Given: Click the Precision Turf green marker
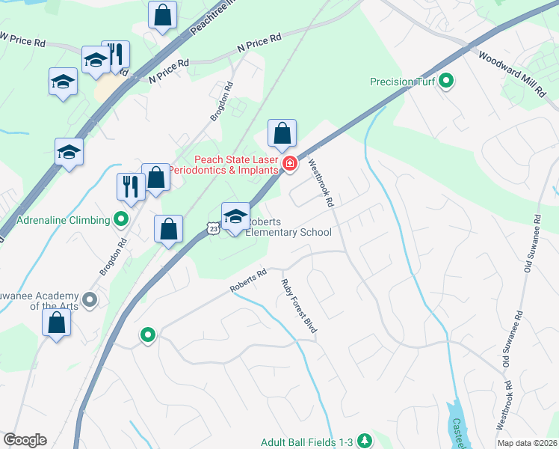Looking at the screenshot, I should click(447, 82).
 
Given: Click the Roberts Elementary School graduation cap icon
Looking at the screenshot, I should click(235, 216).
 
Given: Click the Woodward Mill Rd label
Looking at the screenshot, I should click(513, 73).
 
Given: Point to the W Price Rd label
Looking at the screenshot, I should click(22, 38).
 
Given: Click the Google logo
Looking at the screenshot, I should click(25, 440).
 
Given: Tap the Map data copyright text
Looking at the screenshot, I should click(526, 443).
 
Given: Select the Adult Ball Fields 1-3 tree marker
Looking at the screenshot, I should click(365, 441).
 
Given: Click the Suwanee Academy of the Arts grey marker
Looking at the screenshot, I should click(90, 300).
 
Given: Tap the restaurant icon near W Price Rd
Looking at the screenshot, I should click(115, 55).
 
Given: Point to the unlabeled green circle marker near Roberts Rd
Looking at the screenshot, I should click(148, 335).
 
